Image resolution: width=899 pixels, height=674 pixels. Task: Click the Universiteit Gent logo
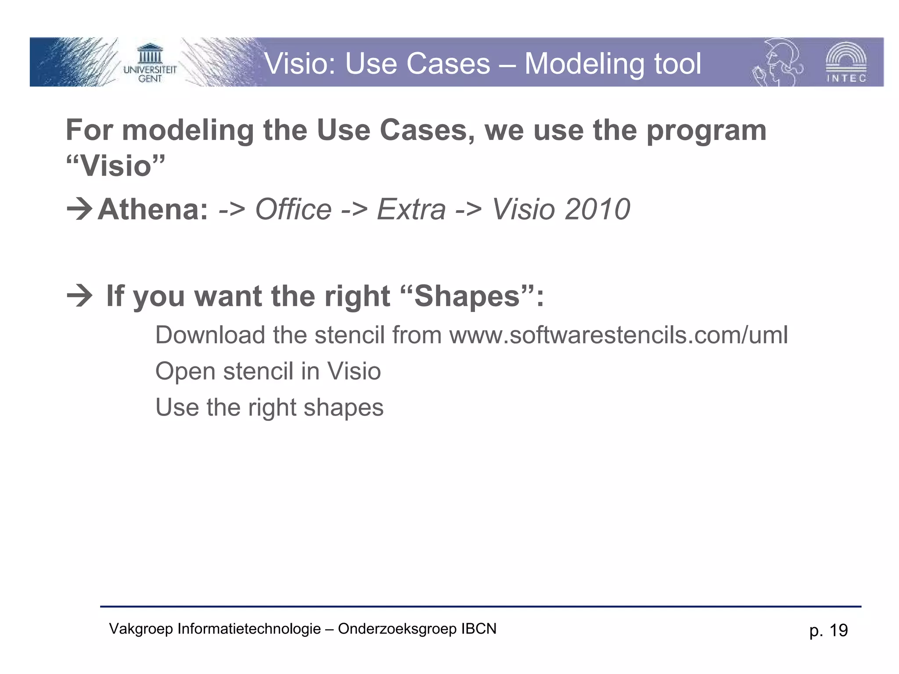coord(150,63)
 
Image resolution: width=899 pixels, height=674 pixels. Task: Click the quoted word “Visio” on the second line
coord(115,166)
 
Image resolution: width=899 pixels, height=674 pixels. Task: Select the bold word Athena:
coord(152,209)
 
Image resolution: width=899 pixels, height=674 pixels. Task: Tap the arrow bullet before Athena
coord(79,209)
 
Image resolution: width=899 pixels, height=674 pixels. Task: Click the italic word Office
coord(293,209)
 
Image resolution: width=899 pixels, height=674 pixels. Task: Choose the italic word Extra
coord(411,209)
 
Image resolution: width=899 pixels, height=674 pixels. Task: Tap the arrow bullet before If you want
coord(79,296)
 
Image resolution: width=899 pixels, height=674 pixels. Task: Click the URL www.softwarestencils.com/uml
coord(618,335)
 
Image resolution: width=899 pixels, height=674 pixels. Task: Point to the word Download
coord(210,335)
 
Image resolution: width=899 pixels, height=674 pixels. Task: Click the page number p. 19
coord(828,631)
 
